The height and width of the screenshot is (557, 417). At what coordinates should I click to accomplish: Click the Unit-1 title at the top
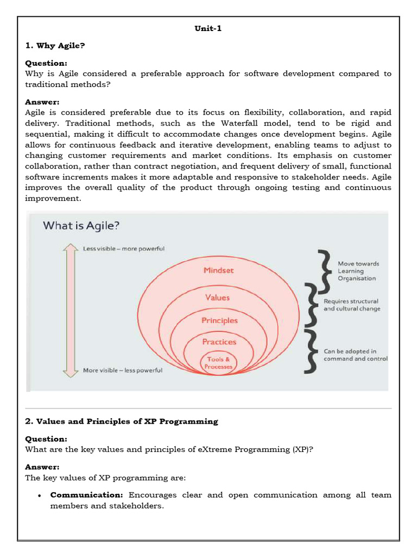pos(208,29)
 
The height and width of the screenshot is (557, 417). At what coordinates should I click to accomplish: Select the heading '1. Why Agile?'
pos(55,46)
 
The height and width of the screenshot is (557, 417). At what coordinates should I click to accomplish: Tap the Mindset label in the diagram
pos(219,270)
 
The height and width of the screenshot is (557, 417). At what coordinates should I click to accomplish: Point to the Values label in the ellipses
pos(217,298)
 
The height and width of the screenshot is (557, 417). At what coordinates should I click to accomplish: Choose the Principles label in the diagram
pos(219,320)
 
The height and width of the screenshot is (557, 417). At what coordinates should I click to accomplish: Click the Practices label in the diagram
pos(219,342)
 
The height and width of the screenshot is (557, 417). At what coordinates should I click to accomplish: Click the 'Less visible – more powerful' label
pos(123,249)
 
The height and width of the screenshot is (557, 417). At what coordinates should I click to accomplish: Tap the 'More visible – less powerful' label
pos(122,370)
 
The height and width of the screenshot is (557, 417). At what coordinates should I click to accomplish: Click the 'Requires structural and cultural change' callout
pos(351,305)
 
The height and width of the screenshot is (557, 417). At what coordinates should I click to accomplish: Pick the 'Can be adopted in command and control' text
pos(355,355)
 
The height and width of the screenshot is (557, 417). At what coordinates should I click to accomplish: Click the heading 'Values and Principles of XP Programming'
pos(122,421)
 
